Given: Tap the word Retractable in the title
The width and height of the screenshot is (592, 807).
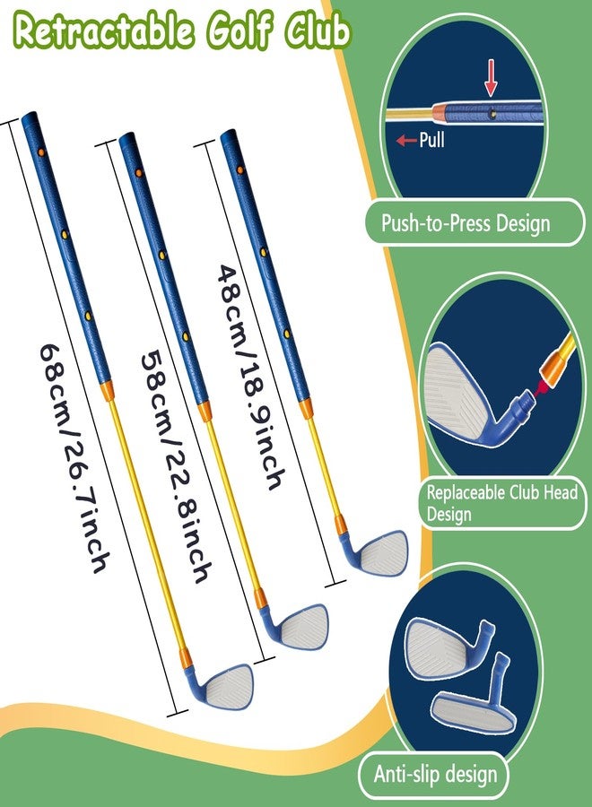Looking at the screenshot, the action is (104, 30).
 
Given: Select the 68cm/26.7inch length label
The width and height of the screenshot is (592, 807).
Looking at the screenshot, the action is (74, 458).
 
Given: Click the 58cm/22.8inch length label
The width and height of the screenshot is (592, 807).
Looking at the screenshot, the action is (176, 465).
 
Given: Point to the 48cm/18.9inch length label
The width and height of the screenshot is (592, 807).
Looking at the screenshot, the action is (250, 377).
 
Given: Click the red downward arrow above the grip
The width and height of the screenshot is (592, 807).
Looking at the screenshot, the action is (492, 78).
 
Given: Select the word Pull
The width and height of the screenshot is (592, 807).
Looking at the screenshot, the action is (432, 140).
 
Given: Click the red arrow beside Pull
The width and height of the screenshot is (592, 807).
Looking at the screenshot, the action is (406, 140).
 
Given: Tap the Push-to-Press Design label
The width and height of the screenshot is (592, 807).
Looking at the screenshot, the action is (466, 223).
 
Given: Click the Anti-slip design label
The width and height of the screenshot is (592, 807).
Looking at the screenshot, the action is (436, 774).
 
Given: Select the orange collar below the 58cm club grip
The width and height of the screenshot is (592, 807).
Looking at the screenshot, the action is (205, 412).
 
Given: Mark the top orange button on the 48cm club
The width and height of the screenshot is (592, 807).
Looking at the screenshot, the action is (239, 169).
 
